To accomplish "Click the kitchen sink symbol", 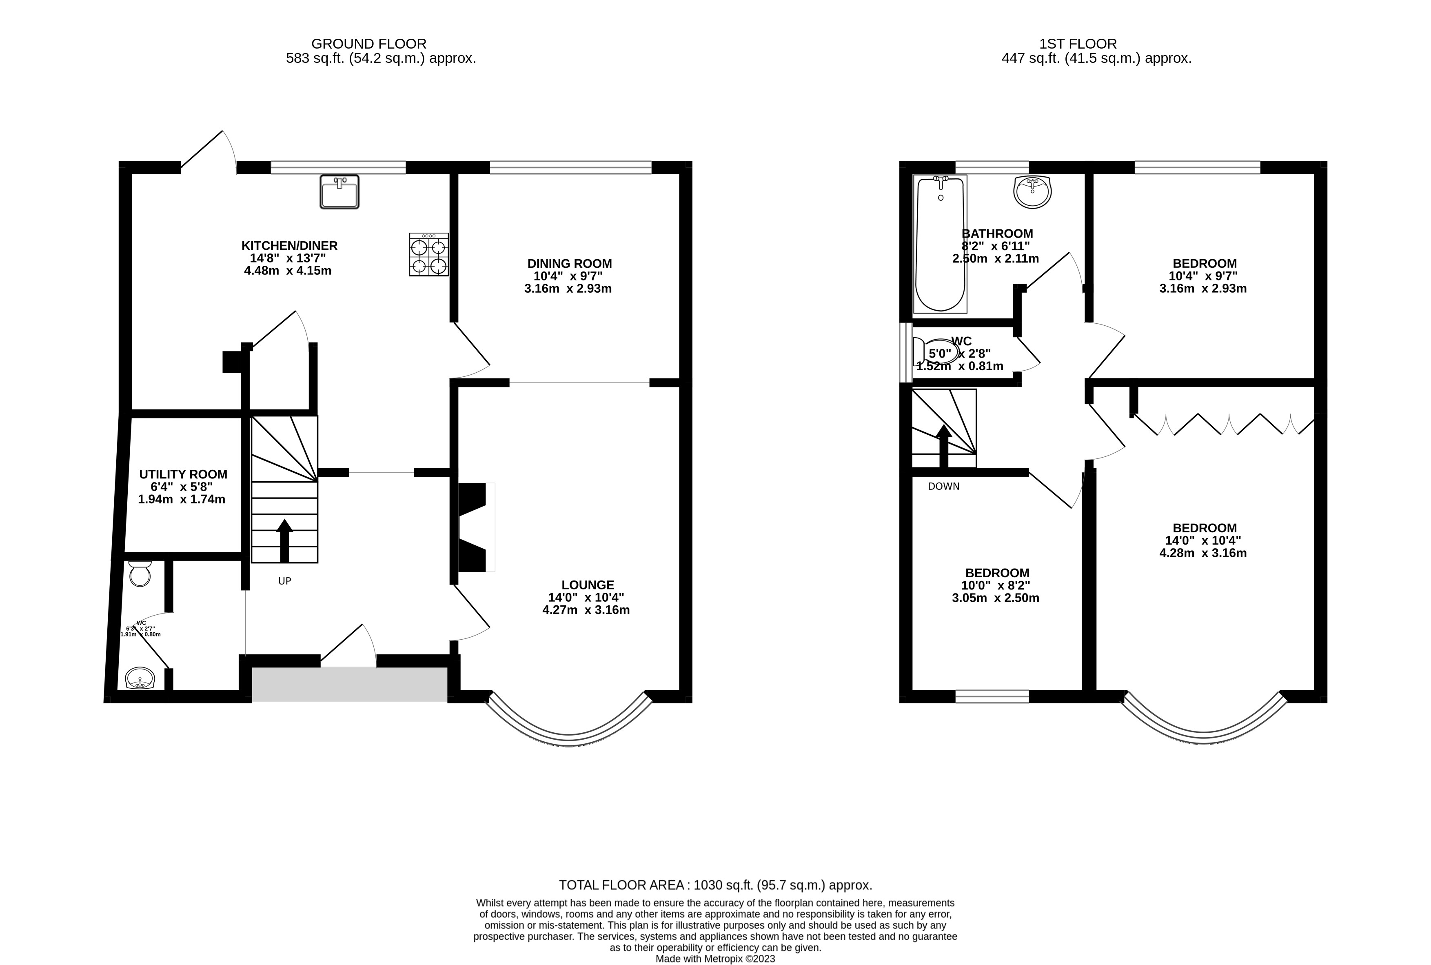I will [339, 191].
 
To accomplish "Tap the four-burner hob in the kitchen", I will [429, 254].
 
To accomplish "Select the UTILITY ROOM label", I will [183, 474].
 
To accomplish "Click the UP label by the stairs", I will [284, 581].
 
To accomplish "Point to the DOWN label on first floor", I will [943, 486].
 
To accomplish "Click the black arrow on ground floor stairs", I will [284, 540].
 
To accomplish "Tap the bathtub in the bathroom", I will [940, 243].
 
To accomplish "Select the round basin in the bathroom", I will [1032, 192].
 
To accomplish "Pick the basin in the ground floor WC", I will [140, 679].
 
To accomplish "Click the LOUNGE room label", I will [588, 585].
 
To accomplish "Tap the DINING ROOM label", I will [569, 263].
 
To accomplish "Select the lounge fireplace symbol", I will [474, 527].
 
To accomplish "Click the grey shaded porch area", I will [349, 685].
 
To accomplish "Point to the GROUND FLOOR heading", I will [368, 44].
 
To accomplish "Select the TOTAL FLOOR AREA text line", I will [715, 885].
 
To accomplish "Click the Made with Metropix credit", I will [715, 958].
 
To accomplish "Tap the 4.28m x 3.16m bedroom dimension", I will [1203, 553].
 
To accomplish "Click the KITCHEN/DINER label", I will [289, 246].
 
